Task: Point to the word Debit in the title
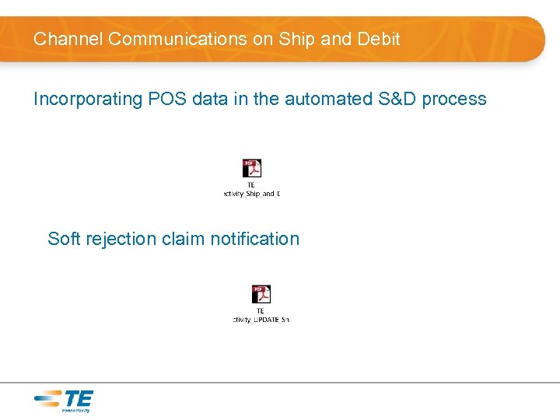pos(377,39)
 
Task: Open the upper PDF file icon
pos(251,168)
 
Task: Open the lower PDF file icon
pos(261,294)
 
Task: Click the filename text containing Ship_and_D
pos(251,194)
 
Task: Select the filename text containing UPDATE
pos(261,320)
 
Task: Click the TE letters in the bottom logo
pos(78,399)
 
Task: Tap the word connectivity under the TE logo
pos(75,410)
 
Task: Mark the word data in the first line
pos(209,99)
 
